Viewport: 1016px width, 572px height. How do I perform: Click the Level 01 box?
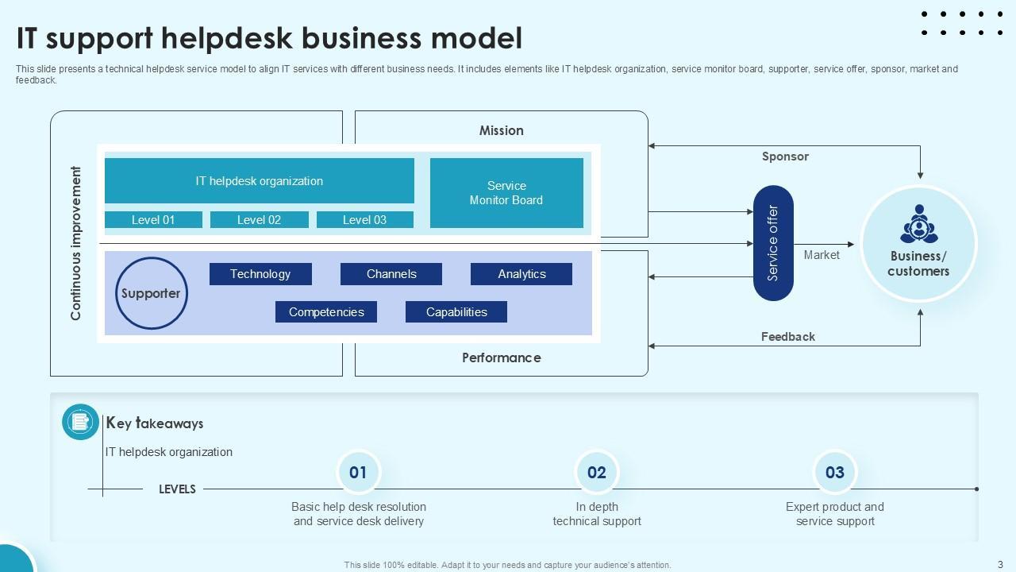[x=153, y=220]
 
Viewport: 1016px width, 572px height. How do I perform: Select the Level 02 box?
[x=259, y=220]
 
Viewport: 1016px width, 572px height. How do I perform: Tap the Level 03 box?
[x=364, y=220]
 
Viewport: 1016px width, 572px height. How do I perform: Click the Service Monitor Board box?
[x=506, y=193]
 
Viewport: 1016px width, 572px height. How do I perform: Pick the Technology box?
[x=260, y=274]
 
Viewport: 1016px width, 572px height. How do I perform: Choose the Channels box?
[x=391, y=274]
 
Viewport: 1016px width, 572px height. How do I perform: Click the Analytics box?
[x=521, y=274]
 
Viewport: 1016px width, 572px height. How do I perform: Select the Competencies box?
[x=326, y=312]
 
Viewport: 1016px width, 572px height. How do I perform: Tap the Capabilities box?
[x=456, y=312]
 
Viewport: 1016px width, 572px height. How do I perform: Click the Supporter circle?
[x=151, y=293]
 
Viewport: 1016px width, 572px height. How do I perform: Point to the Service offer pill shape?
[x=773, y=243]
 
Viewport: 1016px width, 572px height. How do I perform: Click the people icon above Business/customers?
[x=919, y=224]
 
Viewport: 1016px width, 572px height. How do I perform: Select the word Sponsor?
[x=785, y=157]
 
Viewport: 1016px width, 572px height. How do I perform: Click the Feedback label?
[x=788, y=337]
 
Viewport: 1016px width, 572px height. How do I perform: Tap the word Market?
[x=822, y=255]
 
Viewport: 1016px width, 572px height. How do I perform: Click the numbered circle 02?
[x=597, y=473]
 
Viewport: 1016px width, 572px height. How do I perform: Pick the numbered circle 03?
[x=835, y=473]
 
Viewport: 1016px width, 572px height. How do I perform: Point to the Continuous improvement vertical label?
[x=76, y=243]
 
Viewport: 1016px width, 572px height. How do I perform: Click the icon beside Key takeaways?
[x=80, y=422]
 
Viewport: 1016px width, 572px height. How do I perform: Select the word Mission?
[x=501, y=130]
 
